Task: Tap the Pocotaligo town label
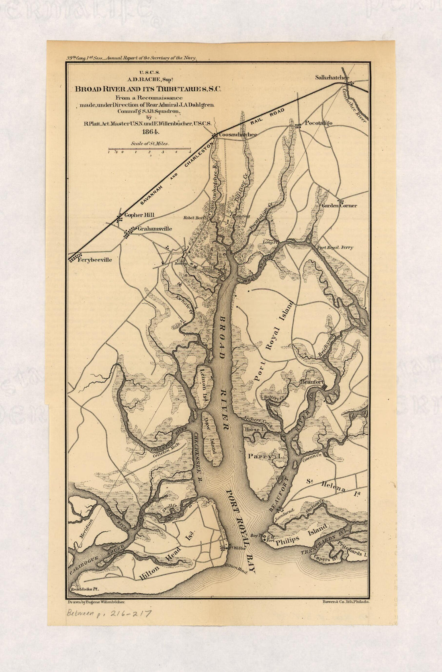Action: (318, 123)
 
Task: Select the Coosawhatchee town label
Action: (237, 135)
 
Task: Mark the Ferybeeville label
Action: (95, 260)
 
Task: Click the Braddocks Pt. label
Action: (84, 589)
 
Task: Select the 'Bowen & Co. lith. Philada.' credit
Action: (346, 602)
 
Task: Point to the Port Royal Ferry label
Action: (335, 247)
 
